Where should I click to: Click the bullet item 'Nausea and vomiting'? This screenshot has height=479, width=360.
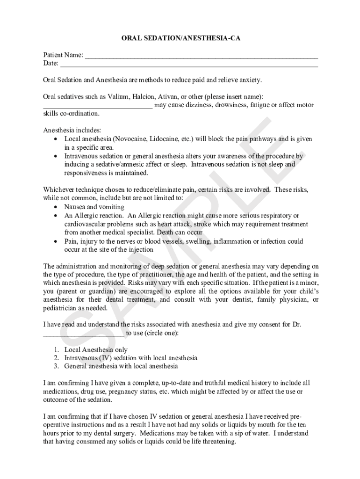pyautogui.click(x=94, y=207)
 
